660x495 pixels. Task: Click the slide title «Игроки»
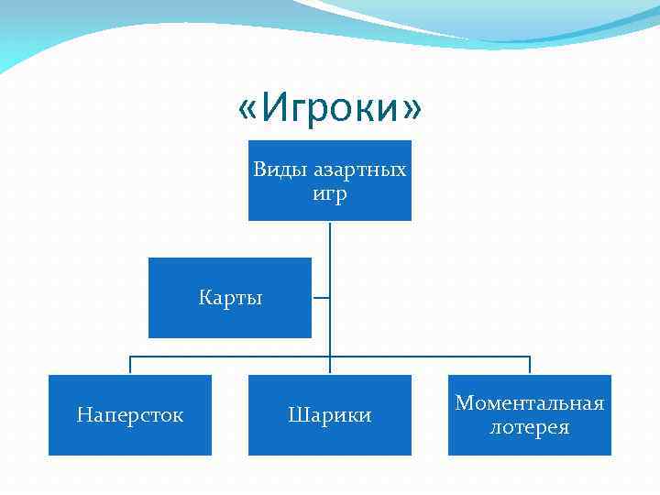[x=330, y=109]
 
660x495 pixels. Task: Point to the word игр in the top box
[x=330, y=194]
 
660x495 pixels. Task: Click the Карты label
[x=230, y=298]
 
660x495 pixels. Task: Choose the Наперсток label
[x=130, y=415]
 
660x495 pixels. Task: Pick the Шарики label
[x=330, y=415]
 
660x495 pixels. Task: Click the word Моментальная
[x=530, y=403]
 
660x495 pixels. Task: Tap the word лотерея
[x=530, y=427]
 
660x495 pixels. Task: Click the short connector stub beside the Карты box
[x=321, y=298]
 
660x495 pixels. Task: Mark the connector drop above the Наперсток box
[x=130, y=365]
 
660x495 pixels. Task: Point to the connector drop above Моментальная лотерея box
[x=530, y=365]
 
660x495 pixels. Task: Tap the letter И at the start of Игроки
[x=272, y=109]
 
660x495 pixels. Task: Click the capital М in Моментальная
[x=464, y=403]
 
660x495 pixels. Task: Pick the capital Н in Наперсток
[x=83, y=415]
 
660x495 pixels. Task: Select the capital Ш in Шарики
[x=297, y=415]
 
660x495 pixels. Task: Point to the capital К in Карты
[x=204, y=298]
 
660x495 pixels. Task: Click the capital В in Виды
[x=259, y=170]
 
